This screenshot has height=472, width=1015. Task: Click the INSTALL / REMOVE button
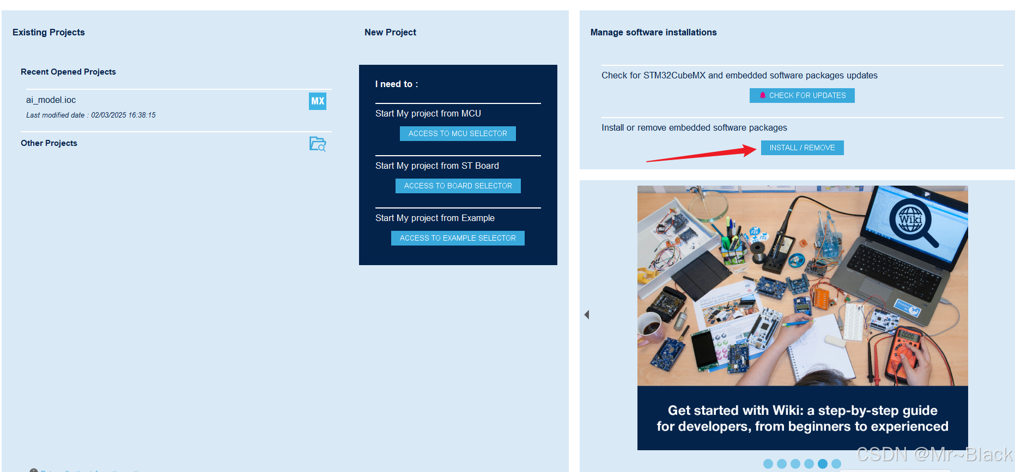click(x=802, y=148)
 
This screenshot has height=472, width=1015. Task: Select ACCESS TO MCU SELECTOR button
click(x=458, y=133)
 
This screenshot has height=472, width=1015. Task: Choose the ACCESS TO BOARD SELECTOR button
click(x=458, y=186)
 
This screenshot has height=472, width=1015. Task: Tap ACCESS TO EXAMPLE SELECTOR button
click(x=458, y=238)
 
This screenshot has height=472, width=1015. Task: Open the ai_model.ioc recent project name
click(x=51, y=100)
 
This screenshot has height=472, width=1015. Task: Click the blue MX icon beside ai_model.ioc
click(x=318, y=101)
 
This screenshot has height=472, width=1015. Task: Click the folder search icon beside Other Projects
click(x=318, y=144)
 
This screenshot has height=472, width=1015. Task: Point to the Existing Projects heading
click(x=48, y=32)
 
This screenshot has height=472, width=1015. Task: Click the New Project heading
click(x=390, y=32)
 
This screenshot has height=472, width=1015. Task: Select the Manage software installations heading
click(x=653, y=32)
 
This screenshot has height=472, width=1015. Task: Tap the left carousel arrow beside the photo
click(x=587, y=315)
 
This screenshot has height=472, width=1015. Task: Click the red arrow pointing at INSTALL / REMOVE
click(x=701, y=154)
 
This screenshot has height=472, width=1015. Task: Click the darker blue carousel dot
click(x=823, y=464)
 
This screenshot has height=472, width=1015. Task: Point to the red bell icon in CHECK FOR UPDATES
click(x=763, y=95)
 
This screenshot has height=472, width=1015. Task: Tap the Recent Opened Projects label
click(x=68, y=72)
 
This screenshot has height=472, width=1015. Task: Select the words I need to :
click(x=397, y=84)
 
